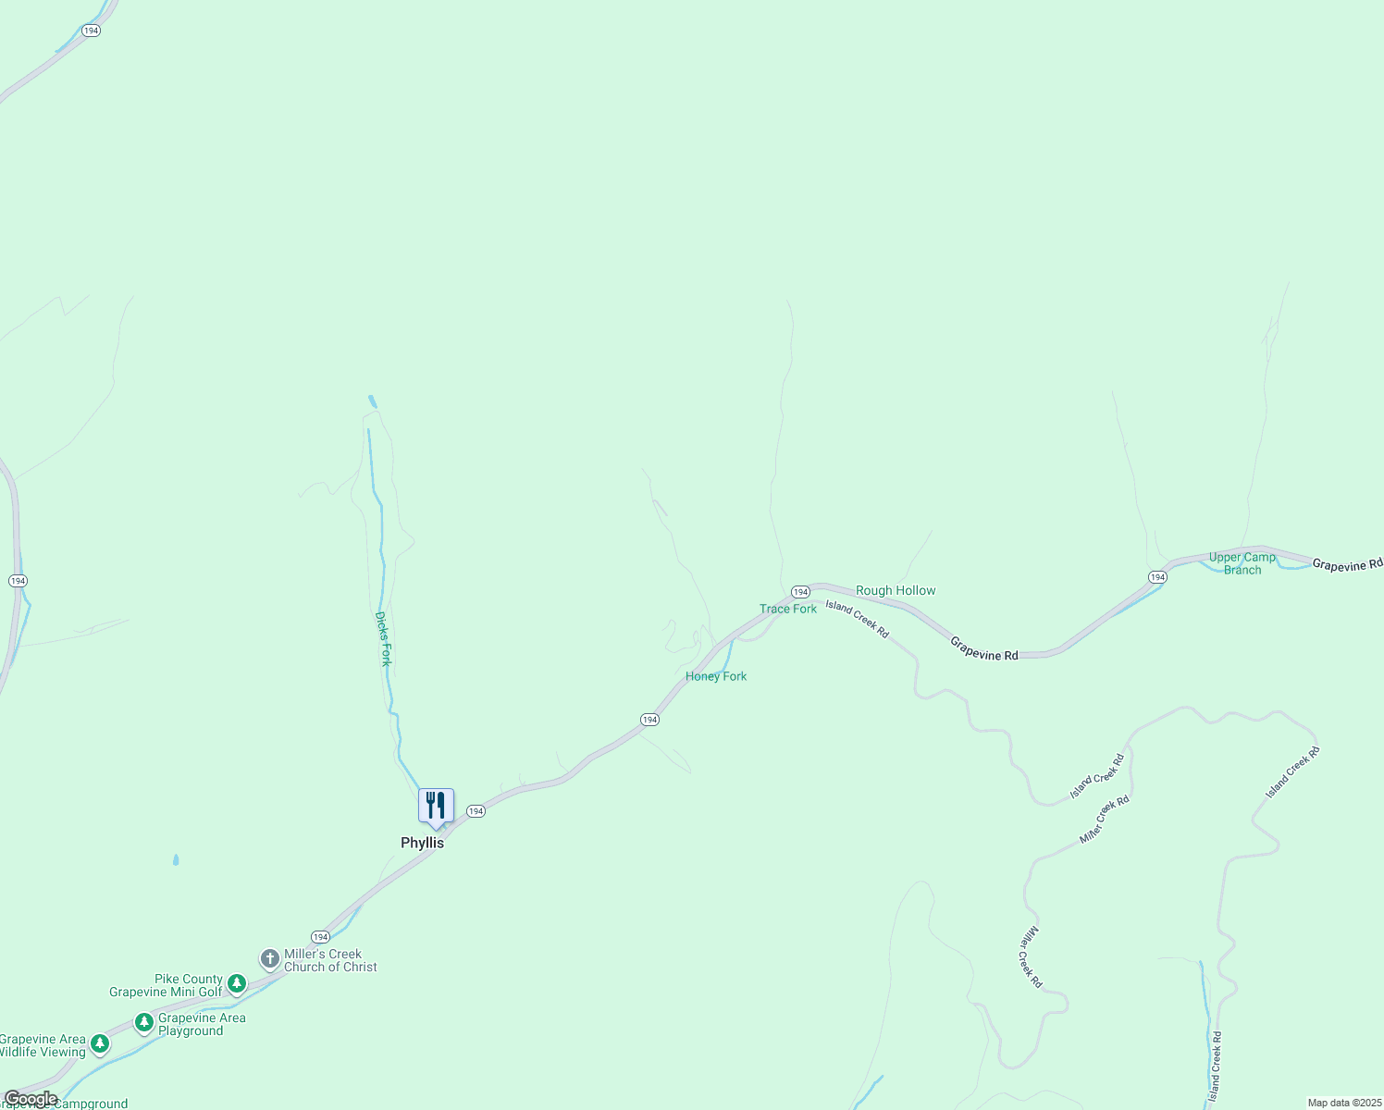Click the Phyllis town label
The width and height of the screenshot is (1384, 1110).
[x=422, y=843]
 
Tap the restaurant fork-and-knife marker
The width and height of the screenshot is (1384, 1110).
[x=436, y=806]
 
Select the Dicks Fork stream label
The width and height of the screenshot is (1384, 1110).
[x=384, y=638]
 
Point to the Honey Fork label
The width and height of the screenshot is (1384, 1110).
[x=716, y=676]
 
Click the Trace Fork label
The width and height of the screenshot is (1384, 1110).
[x=788, y=609]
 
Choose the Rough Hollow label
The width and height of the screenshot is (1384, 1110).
[x=896, y=590]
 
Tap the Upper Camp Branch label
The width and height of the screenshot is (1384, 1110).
[x=1242, y=563]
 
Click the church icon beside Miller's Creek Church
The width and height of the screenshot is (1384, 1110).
[x=269, y=958]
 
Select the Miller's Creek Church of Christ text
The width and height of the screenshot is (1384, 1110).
[x=330, y=960]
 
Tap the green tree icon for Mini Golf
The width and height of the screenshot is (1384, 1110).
[x=237, y=982]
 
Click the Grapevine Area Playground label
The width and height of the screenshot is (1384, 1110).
[x=202, y=1024]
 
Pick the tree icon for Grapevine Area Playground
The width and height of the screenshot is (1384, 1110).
[x=143, y=1022]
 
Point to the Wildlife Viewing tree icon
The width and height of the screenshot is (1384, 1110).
[x=100, y=1043]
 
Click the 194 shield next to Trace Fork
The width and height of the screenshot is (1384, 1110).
[x=800, y=591]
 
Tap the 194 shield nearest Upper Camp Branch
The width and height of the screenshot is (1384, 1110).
[x=1157, y=577]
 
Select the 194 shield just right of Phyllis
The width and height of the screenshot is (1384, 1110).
[x=476, y=811]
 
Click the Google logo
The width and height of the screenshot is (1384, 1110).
[x=31, y=1099]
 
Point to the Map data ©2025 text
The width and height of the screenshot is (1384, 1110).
[x=1343, y=1103]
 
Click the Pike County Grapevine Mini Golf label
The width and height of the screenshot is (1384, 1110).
[x=167, y=985]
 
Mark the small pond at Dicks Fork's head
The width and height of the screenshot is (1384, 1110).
[x=372, y=401]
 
